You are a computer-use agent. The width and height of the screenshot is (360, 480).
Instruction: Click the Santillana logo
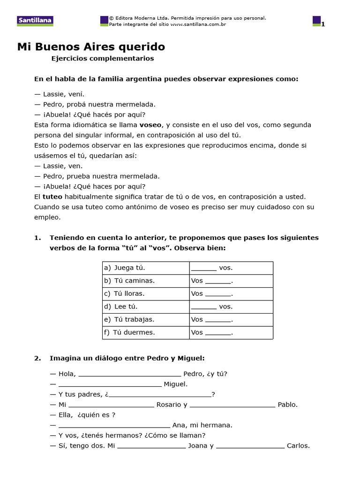(35, 21)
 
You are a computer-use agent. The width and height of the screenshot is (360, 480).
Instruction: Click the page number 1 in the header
(322, 24)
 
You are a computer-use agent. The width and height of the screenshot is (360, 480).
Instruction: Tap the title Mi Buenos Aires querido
(91, 47)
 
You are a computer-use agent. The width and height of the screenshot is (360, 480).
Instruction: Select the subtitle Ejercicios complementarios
(102, 59)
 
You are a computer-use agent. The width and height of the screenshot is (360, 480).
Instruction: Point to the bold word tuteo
(52, 196)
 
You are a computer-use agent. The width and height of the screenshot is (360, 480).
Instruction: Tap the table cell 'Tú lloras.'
(129, 294)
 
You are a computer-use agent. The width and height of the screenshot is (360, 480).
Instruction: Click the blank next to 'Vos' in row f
(218, 333)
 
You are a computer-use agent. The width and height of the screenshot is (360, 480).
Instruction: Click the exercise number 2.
(37, 359)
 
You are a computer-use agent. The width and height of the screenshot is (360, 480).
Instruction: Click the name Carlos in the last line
(298, 446)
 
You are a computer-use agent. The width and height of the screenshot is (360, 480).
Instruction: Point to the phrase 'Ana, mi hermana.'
(202, 425)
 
